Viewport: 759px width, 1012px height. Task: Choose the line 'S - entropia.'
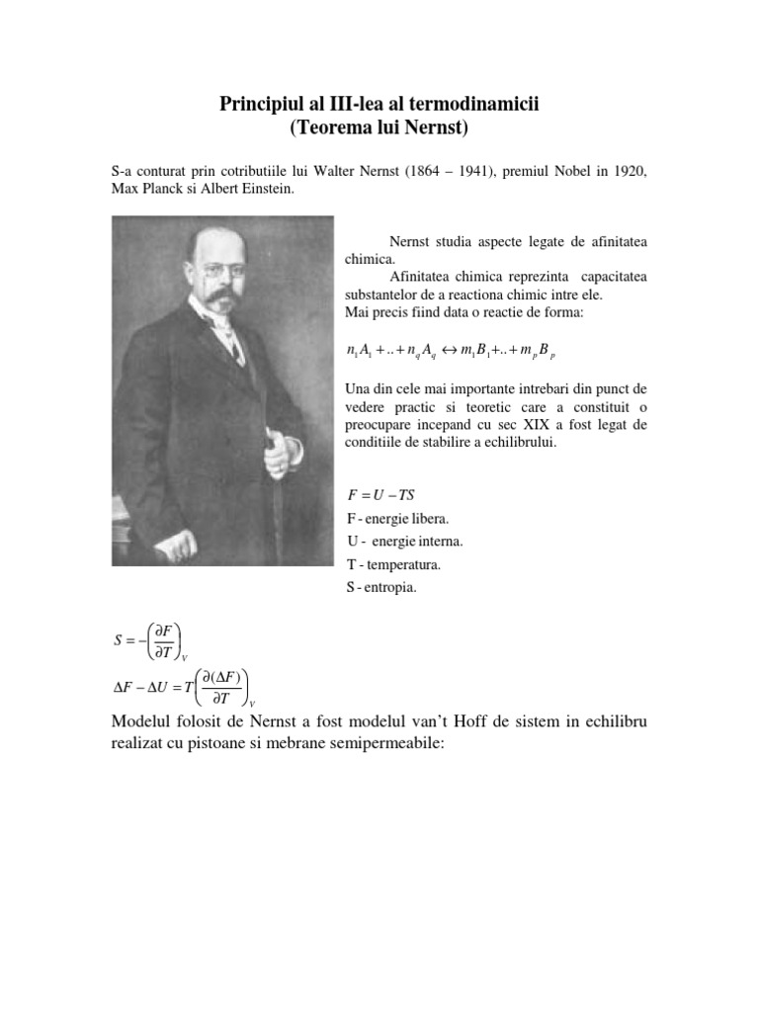(x=382, y=588)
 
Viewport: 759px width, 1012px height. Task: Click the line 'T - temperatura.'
(x=393, y=564)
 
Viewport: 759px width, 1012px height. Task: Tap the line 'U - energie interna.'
(x=404, y=542)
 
